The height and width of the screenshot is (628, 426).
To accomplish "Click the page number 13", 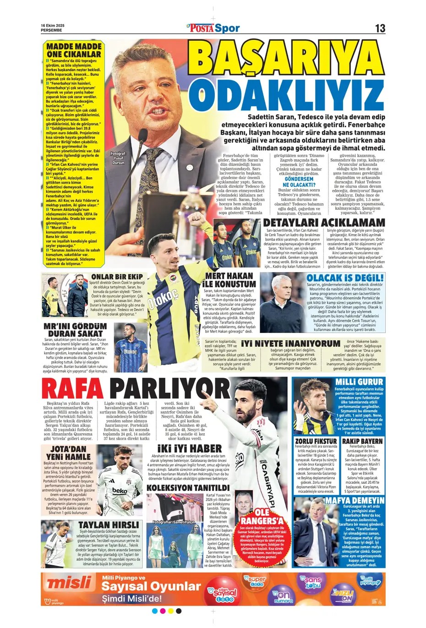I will (380, 28).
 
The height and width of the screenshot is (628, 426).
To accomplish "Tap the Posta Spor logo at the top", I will (213, 28).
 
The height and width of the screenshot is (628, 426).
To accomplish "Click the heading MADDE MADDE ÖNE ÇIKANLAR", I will (74, 50).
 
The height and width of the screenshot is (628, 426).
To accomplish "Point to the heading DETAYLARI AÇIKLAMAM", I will (324, 223).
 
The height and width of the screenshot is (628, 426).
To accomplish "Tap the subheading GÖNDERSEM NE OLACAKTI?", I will (300, 182).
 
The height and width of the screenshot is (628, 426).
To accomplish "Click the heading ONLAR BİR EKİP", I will (117, 277).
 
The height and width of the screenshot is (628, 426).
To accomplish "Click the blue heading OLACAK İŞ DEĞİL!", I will (345, 278).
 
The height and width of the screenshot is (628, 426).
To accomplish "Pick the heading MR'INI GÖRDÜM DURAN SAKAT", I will (76, 330).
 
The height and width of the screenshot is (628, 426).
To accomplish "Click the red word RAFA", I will (71, 390).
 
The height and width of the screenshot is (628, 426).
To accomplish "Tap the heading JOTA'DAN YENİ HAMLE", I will (66, 453).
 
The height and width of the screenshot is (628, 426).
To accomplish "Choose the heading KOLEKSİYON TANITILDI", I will (188, 488).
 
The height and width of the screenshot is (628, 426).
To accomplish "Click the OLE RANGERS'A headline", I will (262, 516).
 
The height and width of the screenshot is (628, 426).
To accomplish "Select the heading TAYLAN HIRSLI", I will (108, 525).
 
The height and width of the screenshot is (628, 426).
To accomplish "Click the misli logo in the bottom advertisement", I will (69, 583).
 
